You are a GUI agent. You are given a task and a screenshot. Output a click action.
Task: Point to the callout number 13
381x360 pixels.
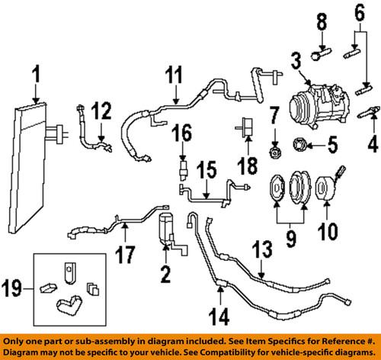[261, 268]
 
